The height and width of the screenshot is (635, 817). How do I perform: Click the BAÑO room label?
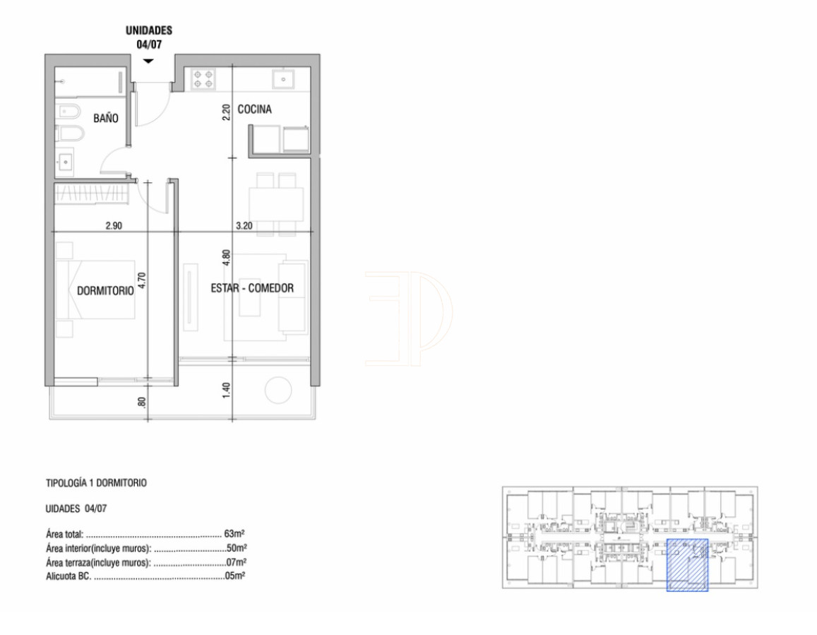pyautogui.click(x=105, y=119)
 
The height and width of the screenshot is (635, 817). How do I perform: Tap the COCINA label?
pyautogui.click(x=254, y=109)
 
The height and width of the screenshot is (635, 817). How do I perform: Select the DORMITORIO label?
pyautogui.click(x=105, y=290)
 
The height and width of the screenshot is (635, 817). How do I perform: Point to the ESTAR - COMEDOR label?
pyautogui.click(x=251, y=288)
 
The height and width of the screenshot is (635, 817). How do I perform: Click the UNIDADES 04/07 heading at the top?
pyautogui.click(x=148, y=37)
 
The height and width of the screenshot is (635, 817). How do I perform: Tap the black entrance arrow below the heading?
pyautogui.click(x=148, y=61)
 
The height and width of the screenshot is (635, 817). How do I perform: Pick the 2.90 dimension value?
pyautogui.click(x=114, y=225)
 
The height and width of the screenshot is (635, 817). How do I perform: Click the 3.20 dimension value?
pyautogui.click(x=244, y=225)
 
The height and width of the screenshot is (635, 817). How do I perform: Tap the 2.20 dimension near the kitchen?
pyautogui.click(x=226, y=113)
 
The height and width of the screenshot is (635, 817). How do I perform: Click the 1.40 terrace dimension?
pyautogui.click(x=226, y=389)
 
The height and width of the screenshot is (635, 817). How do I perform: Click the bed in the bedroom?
pyautogui.click(x=95, y=290)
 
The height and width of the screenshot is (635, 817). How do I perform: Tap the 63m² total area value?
pyautogui.click(x=234, y=533)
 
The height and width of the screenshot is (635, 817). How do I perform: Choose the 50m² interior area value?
pyautogui.click(x=236, y=547)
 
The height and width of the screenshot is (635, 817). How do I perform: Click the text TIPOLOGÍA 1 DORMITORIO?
pyautogui.click(x=96, y=483)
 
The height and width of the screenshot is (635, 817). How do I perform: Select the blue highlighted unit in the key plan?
pyautogui.click(x=687, y=564)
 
